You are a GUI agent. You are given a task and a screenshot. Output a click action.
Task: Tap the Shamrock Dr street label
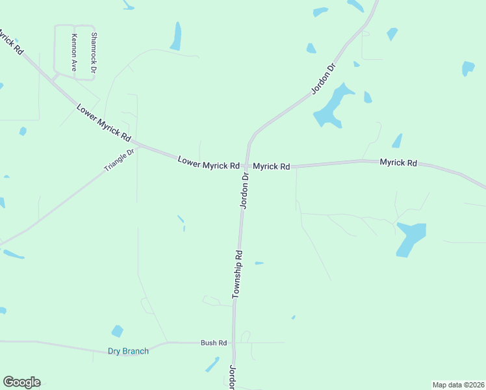tap(94, 53)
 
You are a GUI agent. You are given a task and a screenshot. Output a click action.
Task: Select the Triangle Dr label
tap(119, 161)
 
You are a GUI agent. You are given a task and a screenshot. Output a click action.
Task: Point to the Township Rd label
tap(237, 274)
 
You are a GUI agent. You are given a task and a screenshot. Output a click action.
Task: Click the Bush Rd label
tap(213, 343)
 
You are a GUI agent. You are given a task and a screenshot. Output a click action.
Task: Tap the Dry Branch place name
tap(128, 352)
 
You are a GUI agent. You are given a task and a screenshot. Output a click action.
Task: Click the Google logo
tap(21, 382)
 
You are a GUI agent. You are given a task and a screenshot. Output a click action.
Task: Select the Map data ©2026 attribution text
tap(458, 385)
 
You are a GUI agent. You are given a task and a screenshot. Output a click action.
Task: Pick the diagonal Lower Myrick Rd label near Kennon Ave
tap(104, 122)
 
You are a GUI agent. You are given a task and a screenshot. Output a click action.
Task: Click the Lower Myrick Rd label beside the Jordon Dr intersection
tap(209, 162)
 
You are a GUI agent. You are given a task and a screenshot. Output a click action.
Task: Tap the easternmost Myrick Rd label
tap(398, 162)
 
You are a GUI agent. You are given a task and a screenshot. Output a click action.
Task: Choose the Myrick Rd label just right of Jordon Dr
tap(271, 166)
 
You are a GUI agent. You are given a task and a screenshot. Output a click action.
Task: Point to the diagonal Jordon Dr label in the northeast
tap(323, 79)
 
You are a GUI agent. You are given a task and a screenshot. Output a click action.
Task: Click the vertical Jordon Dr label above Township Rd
tap(245, 190)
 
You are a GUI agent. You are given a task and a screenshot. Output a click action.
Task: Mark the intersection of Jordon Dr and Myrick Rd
tap(247, 166)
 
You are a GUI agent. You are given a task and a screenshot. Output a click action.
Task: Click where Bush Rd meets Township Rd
tap(234, 343)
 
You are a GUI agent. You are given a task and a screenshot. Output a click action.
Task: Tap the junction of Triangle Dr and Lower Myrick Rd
tap(136, 145)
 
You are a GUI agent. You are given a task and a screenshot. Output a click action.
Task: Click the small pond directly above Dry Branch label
tap(117, 331)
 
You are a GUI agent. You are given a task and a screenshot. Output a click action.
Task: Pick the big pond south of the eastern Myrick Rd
tap(411, 238)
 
